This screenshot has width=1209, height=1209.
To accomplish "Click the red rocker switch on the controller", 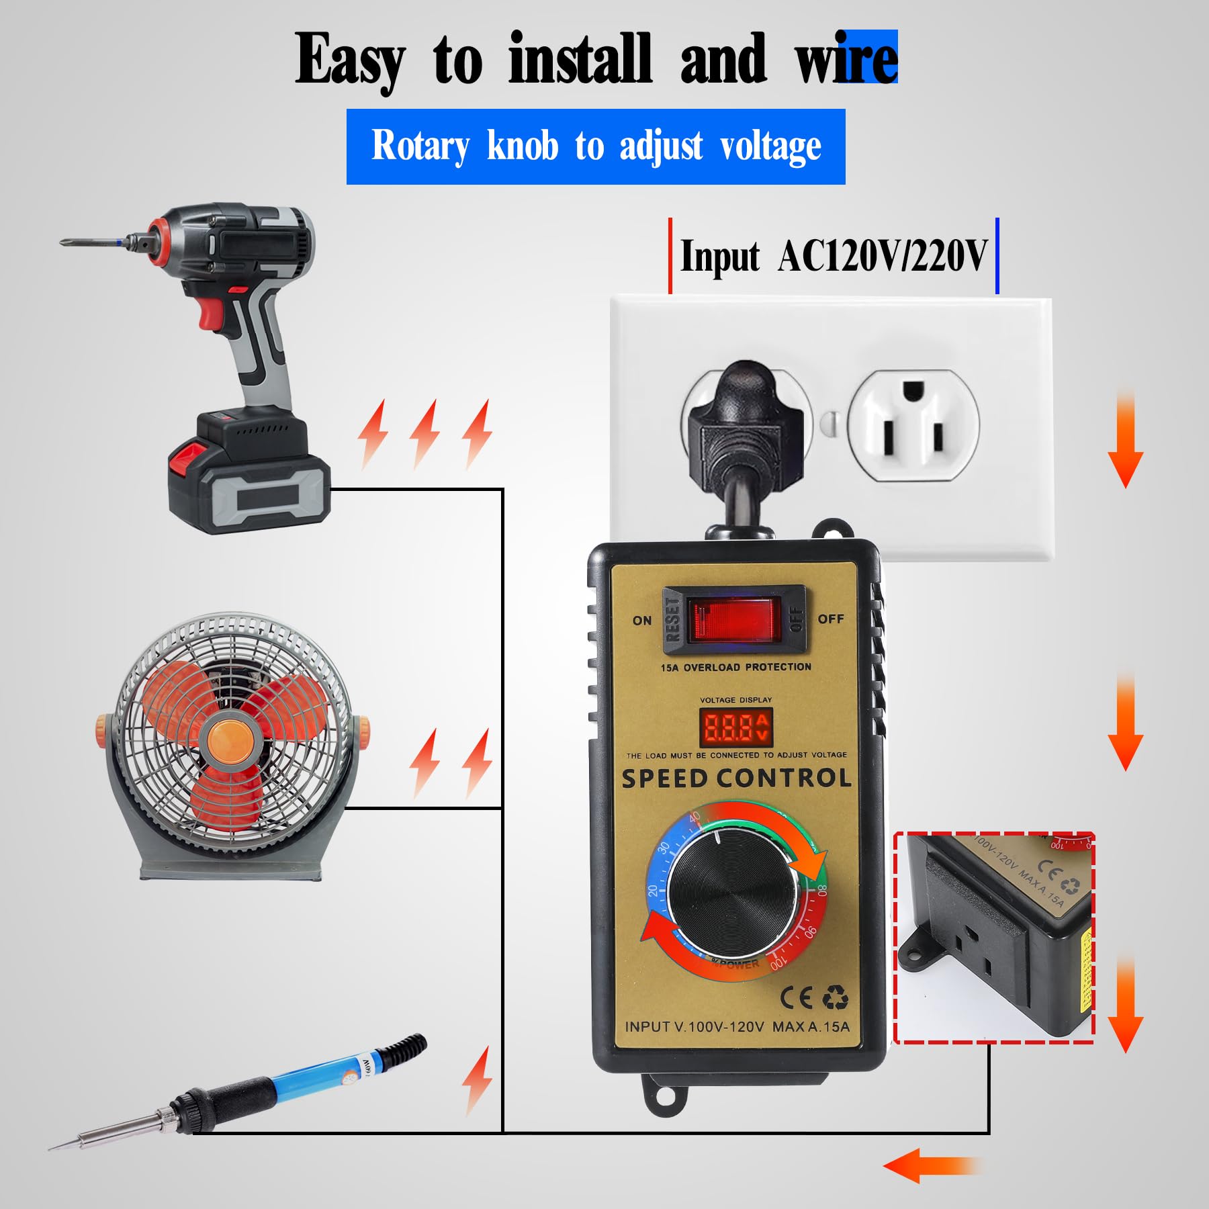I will coord(736,619).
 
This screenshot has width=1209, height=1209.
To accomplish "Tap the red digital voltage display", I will coord(736,727).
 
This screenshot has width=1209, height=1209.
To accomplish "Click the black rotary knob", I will coord(735,893).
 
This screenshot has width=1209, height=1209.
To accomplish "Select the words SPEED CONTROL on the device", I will coord(736,778).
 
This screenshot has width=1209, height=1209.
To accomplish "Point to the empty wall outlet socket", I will coord(913,424).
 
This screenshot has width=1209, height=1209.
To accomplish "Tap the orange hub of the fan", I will coord(230,739).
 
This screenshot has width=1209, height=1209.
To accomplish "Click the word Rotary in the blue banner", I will coord(420,146).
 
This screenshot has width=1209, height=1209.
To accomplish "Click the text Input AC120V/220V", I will coord(834,257).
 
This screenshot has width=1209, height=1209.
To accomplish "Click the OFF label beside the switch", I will coord(831,619).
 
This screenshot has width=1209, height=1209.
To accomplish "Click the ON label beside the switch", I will coord(642,620).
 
